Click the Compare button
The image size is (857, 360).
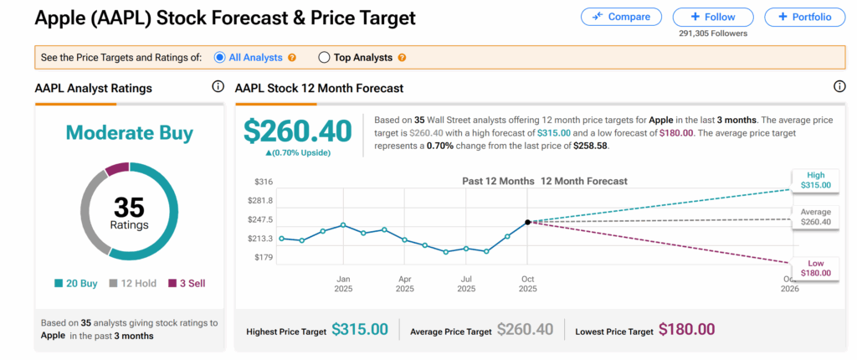[621, 17]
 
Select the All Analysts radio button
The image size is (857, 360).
[220, 58]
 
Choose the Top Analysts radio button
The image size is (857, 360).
[325, 58]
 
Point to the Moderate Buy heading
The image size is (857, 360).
[130, 132]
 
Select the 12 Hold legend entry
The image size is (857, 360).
[133, 283]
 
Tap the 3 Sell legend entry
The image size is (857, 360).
[187, 283]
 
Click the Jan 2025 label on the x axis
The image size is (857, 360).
[343, 283]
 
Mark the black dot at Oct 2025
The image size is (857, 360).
[527, 222]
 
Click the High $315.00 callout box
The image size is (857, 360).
[815, 180]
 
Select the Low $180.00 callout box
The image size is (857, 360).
[815, 267]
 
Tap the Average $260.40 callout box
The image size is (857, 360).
[815, 217]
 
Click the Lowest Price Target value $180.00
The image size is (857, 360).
[686, 330]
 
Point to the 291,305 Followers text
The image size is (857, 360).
[713, 33]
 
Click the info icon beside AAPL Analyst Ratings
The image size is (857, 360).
[218, 87]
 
